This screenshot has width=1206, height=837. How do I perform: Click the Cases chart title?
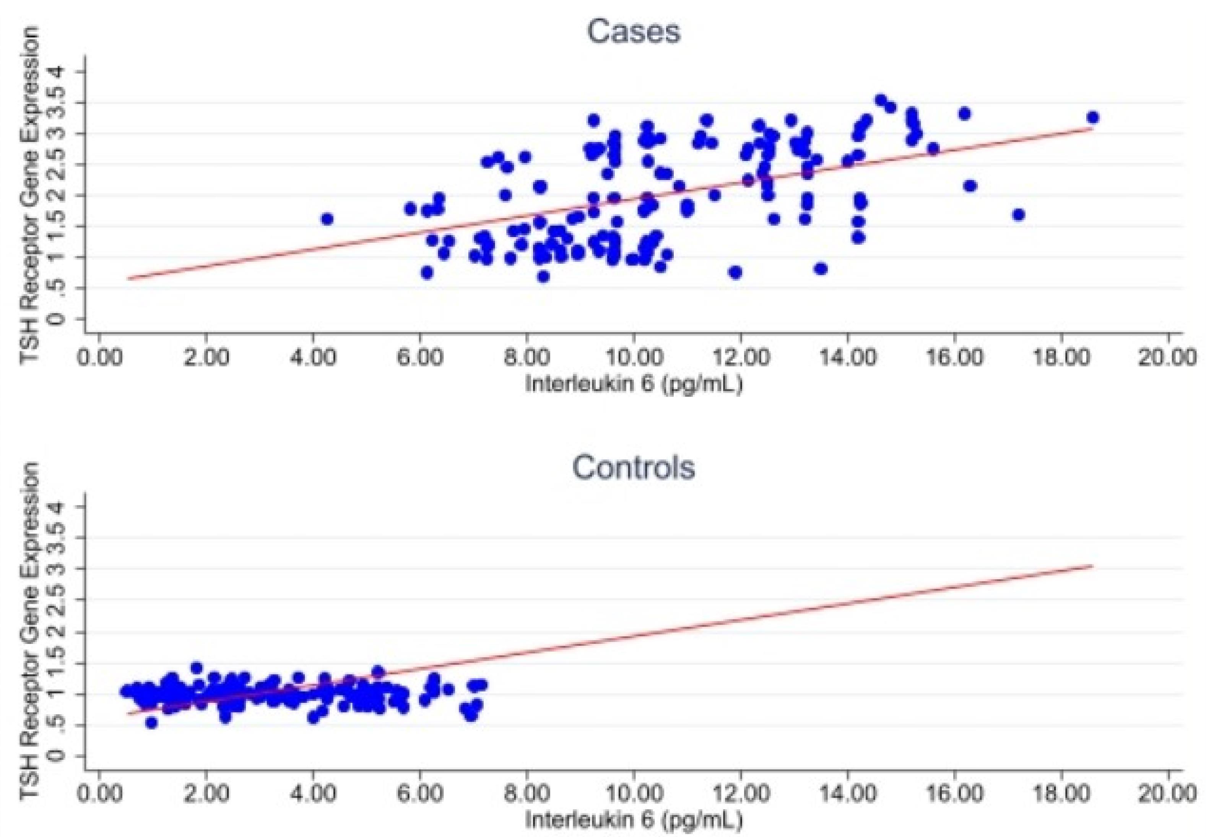point(634,31)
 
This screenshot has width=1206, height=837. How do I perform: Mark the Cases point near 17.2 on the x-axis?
point(1018,215)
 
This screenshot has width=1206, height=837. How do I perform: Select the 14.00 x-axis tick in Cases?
point(847,358)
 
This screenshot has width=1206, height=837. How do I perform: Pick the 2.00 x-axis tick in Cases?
point(206,358)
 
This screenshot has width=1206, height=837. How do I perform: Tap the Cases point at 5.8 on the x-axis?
point(411,209)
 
